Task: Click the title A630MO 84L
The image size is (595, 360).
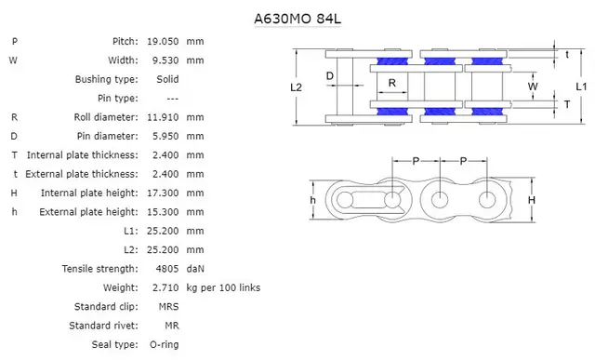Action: point(297,18)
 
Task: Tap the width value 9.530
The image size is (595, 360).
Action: point(165,60)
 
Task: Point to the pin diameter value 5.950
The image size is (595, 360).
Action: point(165,136)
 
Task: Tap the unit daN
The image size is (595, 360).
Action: point(195,268)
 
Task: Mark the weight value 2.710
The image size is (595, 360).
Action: point(165,287)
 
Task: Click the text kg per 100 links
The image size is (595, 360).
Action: point(223,287)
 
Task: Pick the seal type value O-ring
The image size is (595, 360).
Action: point(163,344)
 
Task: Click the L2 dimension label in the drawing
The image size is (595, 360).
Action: point(297,87)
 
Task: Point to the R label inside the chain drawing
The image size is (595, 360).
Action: point(392,82)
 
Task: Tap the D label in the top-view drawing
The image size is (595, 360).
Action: point(330,75)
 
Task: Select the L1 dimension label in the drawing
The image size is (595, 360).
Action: point(580,87)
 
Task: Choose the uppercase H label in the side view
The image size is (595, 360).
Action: point(531,200)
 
